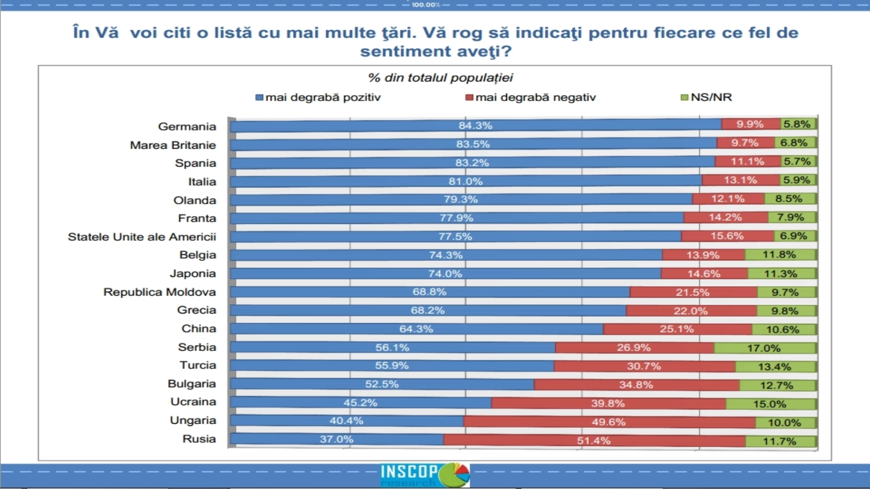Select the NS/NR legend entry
(706, 97)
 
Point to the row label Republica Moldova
(159, 292)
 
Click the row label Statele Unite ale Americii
(141, 237)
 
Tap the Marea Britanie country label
(172, 145)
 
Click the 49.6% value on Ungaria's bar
(608, 422)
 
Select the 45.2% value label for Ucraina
(360, 403)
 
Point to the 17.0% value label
(763, 348)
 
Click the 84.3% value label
(475, 126)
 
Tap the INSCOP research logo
(425, 475)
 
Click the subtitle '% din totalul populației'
(440, 78)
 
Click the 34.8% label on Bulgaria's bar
(636, 385)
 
